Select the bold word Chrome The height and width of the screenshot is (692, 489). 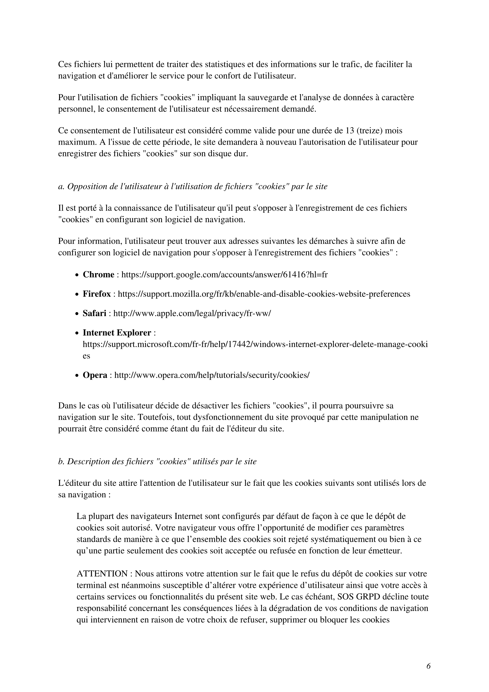point(98,275)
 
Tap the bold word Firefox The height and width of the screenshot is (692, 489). point(97,294)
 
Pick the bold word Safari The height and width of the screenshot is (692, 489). point(95,313)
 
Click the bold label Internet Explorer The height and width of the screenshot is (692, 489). point(117,333)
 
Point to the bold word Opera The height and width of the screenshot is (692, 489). point(95,375)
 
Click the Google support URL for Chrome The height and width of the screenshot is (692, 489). point(224,275)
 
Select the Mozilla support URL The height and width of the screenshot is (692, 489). point(264,294)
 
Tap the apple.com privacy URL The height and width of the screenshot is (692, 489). point(192,313)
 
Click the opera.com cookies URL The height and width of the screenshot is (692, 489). point(212,375)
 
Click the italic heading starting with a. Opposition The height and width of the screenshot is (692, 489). point(193,187)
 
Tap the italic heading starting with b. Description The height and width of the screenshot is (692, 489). point(157,462)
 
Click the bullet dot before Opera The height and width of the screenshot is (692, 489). point(77,375)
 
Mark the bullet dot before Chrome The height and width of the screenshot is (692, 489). point(77,275)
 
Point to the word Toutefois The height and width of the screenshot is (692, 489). point(156,417)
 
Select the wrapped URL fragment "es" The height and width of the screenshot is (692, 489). point(86,356)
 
